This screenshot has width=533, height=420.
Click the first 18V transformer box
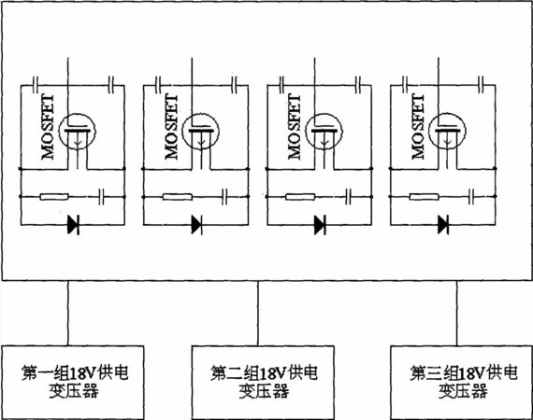coord(73,383)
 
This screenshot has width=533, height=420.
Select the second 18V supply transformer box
coord(263,383)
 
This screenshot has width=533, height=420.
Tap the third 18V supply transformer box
coord(461,383)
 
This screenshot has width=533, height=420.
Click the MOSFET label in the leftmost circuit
coord(48,127)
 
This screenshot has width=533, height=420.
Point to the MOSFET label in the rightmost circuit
coord(418,127)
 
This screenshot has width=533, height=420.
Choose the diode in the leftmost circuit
coord(74,224)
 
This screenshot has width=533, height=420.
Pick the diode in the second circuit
coord(196,224)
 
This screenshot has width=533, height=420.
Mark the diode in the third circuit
coord(320,224)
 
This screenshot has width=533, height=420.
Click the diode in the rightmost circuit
coord(443,224)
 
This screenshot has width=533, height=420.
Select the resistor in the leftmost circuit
coord(54,196)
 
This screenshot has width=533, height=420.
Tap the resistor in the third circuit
coord(300,196)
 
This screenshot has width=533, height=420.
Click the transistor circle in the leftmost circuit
coord(78,131)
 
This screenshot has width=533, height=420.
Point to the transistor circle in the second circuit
coord(200,131)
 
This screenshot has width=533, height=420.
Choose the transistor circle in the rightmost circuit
coord(448,131)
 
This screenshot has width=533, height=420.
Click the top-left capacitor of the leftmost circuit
coord(36,85)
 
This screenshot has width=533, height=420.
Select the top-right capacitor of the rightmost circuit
coord(481,85)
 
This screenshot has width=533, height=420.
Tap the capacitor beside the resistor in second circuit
coord(224,196)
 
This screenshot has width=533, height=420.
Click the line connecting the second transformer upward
coord(258,314)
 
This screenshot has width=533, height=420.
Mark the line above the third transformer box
coord(456,314)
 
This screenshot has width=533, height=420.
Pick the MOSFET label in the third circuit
coord(295,127)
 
